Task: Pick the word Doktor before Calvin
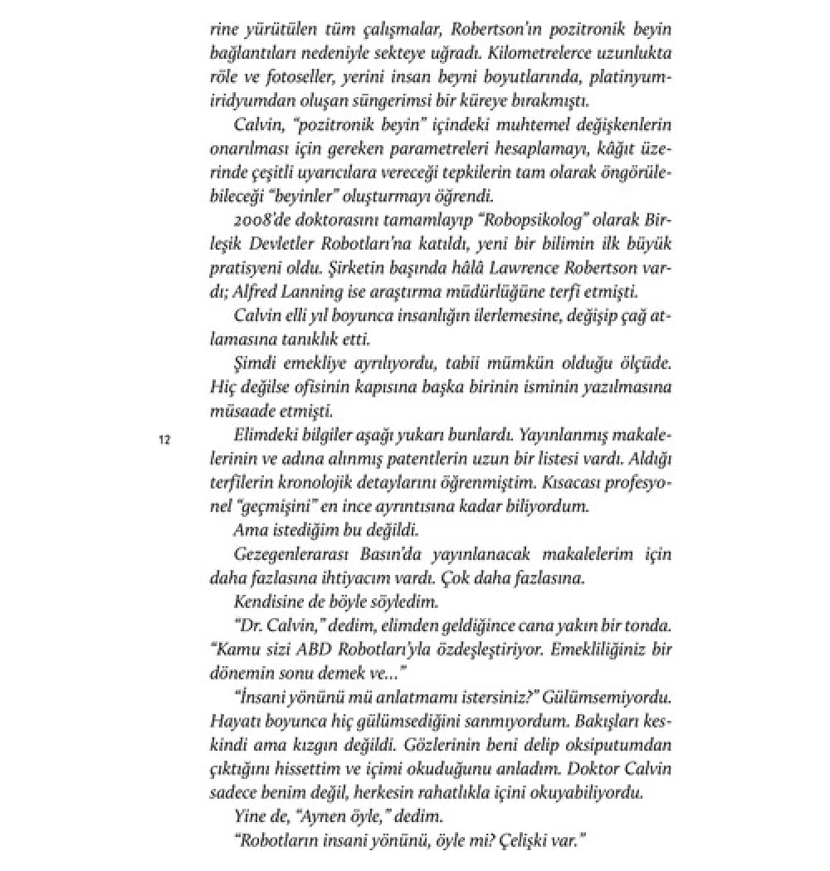(588, 770)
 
